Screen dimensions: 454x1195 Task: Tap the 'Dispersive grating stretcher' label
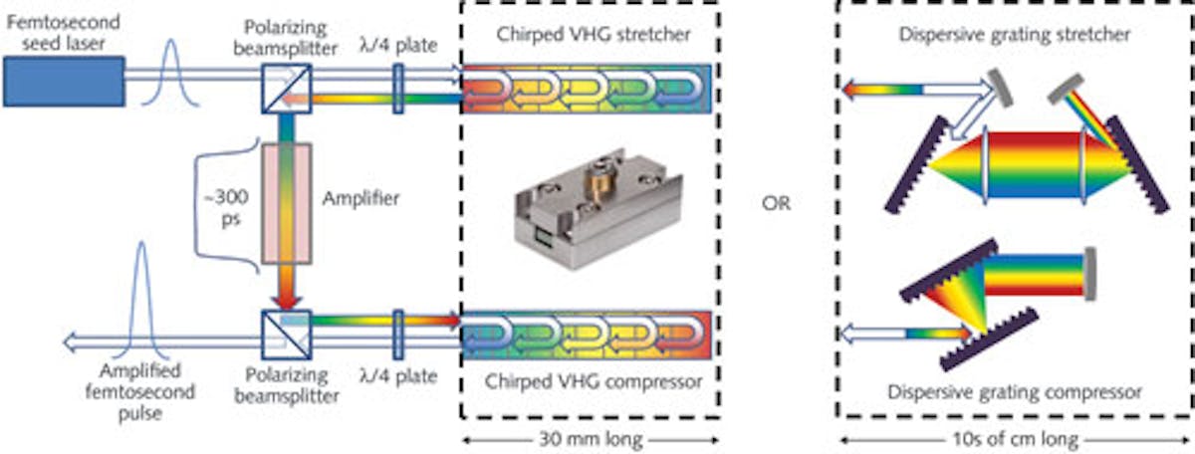(x=1014, y=38)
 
